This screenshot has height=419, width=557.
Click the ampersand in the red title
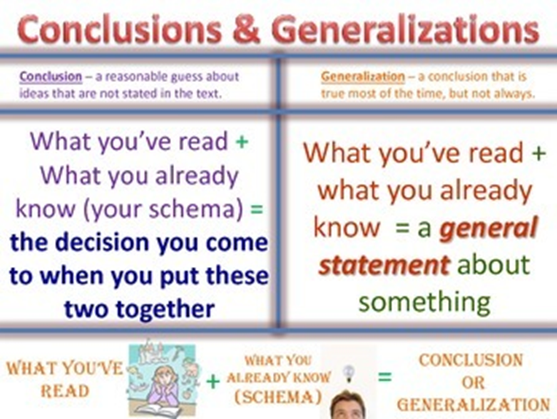click(247, 30)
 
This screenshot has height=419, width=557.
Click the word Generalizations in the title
click(406, 30)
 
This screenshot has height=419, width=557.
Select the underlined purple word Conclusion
click(51, 76)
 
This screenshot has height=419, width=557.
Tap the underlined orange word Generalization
click(363, 76)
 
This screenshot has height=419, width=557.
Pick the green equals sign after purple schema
click(257, 209)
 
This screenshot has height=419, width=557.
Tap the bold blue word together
click(165, 308)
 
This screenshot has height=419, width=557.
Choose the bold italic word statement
click(384, 265)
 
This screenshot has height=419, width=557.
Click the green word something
click(425, 302)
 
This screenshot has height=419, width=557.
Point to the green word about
click(494, 265)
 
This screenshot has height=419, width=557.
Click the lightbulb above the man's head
click(349, 373)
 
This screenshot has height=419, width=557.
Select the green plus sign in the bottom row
click(213, 382)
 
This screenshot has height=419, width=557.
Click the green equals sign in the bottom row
click(384, 376)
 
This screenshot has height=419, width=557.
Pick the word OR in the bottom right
click(473, 383)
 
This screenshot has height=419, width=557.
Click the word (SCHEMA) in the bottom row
click(278, 397)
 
